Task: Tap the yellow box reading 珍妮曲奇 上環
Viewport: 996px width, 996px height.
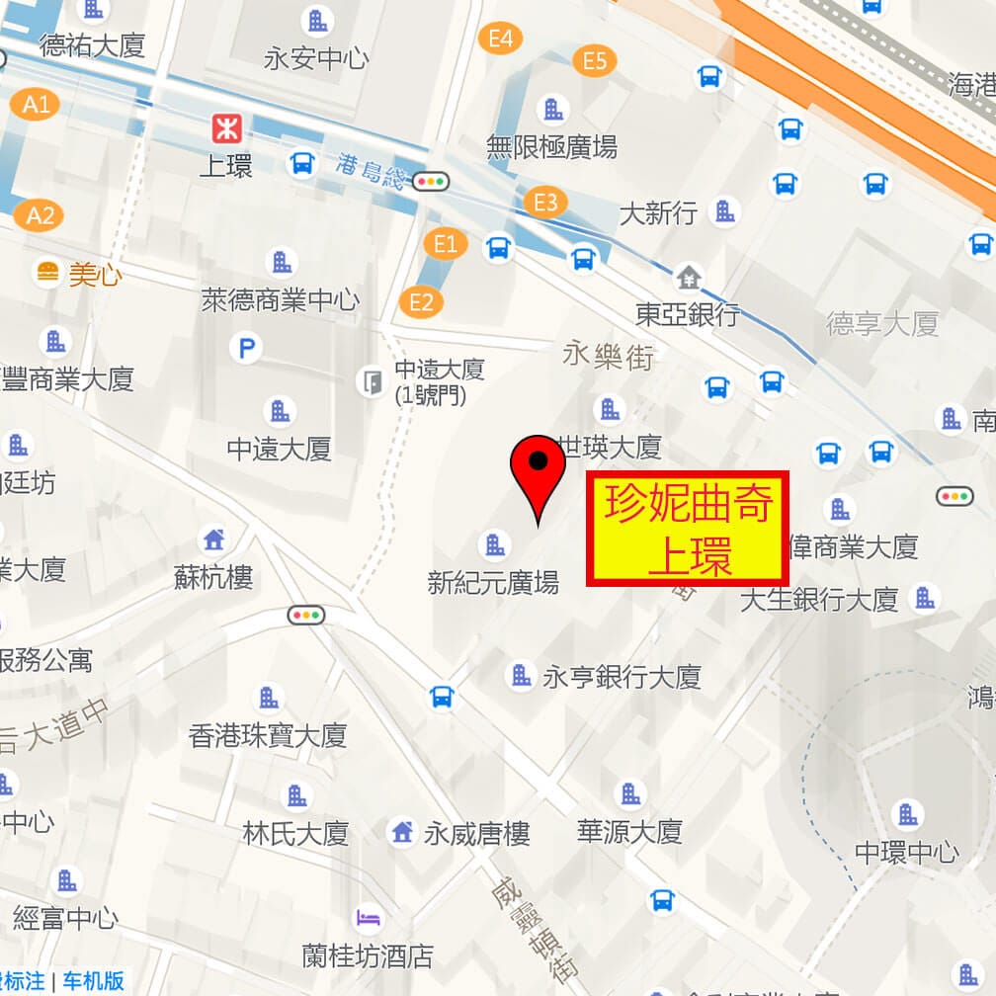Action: pos(688,529)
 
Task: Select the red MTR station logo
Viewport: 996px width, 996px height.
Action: pos(226,127)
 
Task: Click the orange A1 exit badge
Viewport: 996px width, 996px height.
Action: pos(37,103)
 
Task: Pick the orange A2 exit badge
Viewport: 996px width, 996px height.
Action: pos(40,214)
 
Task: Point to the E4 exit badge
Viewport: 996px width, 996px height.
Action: pos(500,39)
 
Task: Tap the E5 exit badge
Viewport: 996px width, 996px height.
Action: pos(594,61)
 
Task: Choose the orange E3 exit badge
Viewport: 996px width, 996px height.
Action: pos(545,203)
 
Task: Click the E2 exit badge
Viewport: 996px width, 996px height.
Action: pos(421,301)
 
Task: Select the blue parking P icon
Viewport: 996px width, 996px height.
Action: pos(245,347)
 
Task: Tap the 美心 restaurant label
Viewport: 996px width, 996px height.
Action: pos(95,274)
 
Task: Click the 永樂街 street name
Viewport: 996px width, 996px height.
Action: pos(609,356)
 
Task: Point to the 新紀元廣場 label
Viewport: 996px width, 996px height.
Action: pos(493,582)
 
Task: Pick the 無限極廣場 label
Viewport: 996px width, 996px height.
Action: pos(551,147)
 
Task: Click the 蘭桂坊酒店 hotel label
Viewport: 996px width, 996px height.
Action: pos(368,955)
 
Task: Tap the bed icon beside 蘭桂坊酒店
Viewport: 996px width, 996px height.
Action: pos(369,918)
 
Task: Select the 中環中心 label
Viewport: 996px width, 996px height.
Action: pos(906,851)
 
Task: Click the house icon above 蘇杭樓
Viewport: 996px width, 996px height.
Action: pos(213,539)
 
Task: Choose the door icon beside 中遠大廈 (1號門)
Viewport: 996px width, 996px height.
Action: pos(372,381)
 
